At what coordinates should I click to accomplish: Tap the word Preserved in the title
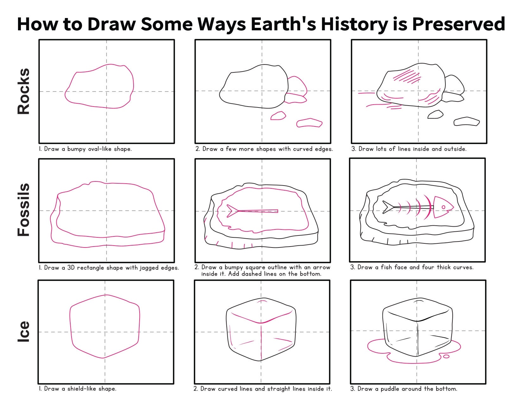459,24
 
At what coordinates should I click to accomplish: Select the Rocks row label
23,91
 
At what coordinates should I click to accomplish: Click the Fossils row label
23,210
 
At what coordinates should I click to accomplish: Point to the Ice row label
23,331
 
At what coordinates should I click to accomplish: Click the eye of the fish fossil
443,207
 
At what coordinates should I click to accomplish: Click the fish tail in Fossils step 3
388,207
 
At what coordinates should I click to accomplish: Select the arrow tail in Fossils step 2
232,211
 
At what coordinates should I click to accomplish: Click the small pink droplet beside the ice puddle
446,357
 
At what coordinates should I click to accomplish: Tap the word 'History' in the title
354,24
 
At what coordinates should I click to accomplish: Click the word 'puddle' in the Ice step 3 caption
390,389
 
